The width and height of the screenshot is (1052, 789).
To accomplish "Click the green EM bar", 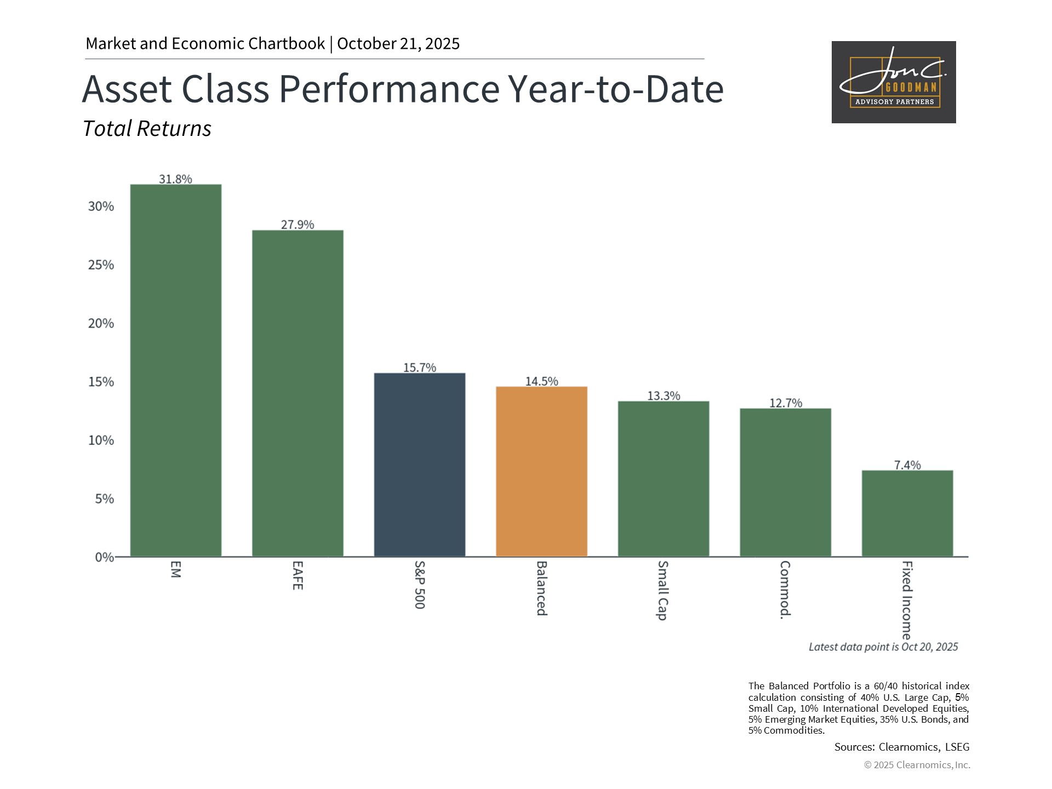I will (x=175, y=370).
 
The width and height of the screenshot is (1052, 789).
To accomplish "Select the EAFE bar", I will (x=298, y=393).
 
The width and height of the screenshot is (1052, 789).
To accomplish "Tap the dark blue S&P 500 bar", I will (x=420, y=465).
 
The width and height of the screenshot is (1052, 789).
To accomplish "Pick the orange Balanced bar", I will (x=541, y=471).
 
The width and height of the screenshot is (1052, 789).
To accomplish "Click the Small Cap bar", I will (x=664, y=479).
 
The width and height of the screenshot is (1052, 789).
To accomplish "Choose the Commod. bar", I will (x=785, y=482).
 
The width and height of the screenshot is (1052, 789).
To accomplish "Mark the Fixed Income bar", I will (x=907, y=513).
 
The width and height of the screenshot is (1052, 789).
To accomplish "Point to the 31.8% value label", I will (x=175, y=179).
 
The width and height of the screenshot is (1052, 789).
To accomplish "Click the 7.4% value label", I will (x=907, y=465).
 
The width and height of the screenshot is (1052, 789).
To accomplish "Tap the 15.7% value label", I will (x=420, y=368).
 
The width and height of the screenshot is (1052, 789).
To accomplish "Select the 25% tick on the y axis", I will (x=101, y=265).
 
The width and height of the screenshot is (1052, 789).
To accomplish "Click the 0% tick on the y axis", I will (x=104, y=557).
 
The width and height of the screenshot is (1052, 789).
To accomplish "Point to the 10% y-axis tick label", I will (x=101, y=441).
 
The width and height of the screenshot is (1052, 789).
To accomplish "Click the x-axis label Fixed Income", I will (x=907, y=600).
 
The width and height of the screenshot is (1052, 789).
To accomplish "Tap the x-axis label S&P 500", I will (x=420, y=585).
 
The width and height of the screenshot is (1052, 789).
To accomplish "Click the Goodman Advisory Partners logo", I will (x=894, y=82).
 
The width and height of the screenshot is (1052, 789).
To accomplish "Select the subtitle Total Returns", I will (x=147, y=129).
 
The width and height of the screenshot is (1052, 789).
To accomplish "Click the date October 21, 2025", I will (x=398, y=44).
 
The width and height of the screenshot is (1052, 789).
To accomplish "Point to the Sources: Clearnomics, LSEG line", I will (x=902, y=747).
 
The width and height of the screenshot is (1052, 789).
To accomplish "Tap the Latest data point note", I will (x=883, y=647).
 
